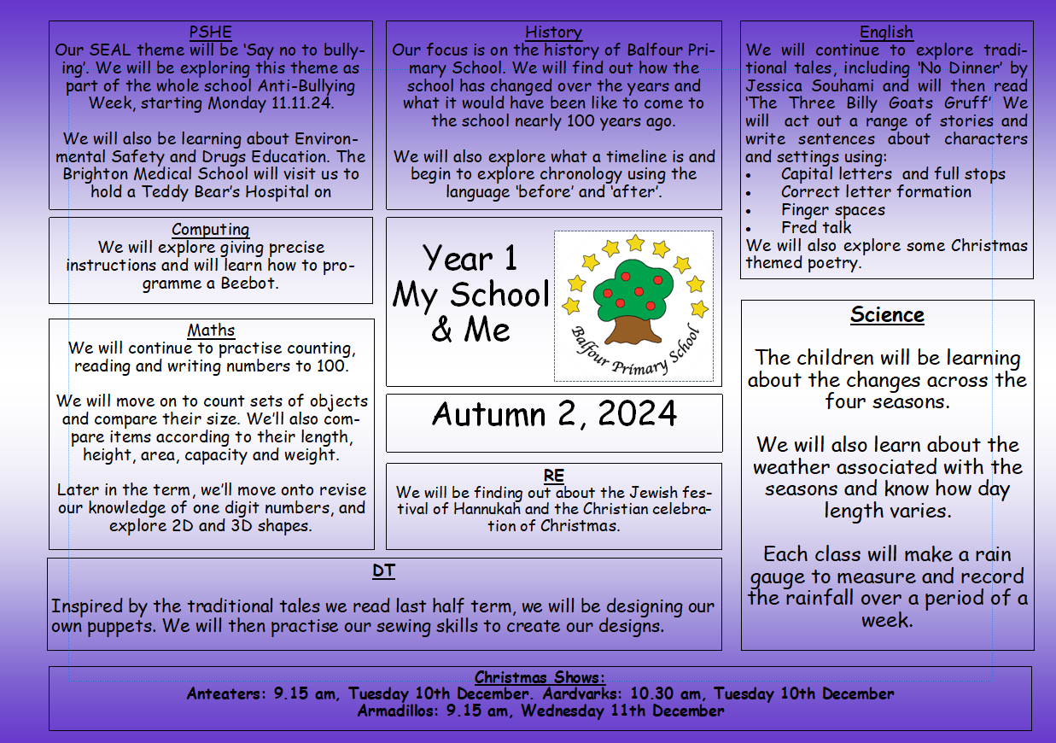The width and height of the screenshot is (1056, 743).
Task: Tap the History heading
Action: tap(553, 32)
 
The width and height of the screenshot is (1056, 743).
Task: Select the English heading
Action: tap(886, 32)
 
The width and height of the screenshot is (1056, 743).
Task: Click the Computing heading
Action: tap(210, 230)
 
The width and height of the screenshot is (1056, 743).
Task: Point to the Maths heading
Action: tap(211, 331)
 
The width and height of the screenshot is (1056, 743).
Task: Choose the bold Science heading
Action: tap(887, 315)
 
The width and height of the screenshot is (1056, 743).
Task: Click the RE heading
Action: tap(553, 476)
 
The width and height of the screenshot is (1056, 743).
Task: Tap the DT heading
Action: tap(383, 571)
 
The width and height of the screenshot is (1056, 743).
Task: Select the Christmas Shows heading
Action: tap(540, 678)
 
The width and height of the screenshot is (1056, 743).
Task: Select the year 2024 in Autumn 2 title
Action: tap(637, 414)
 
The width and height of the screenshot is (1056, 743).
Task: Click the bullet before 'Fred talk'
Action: tap(749, 229)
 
